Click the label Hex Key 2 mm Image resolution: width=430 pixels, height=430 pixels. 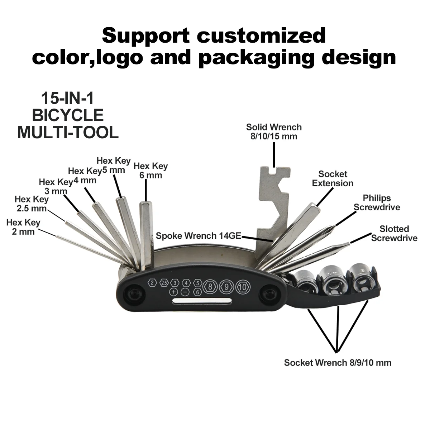click(23, 227)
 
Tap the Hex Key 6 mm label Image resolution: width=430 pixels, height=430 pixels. click(150, 171)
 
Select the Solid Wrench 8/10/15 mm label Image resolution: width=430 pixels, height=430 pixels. click(274, 132)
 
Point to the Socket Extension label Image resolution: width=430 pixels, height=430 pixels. click(333, 178)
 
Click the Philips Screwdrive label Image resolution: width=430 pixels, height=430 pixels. click(377, 202)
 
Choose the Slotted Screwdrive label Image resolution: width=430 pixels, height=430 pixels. click(394, 233)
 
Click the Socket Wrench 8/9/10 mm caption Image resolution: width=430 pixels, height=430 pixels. click(338, 363)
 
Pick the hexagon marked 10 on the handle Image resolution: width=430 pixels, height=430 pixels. click(243, 287)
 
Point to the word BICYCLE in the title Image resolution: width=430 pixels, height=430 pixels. click(68, 115)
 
